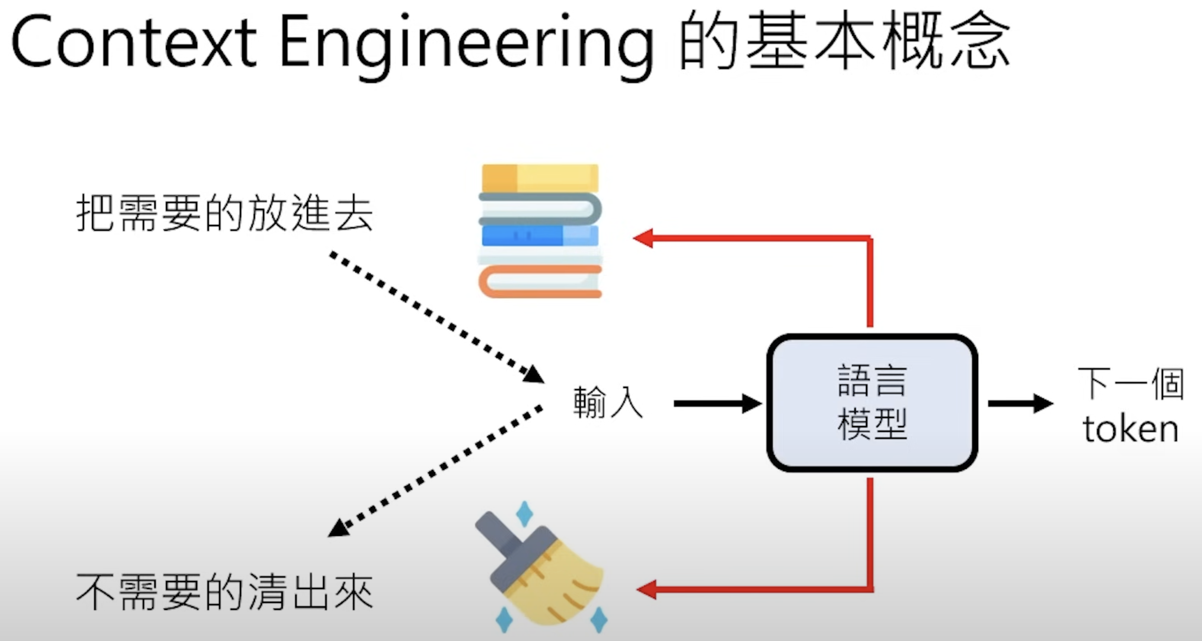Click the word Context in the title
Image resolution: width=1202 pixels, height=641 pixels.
(133, 43)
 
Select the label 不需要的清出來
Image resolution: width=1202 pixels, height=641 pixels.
(224, 592)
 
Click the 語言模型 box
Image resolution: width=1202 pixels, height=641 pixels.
(872, 402)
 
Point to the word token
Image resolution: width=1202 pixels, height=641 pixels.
(1130, 429)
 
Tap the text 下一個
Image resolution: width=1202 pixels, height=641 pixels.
(1130, 384)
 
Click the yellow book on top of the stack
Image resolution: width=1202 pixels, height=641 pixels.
(540, 178)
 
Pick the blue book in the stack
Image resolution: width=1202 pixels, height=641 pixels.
(540, 236)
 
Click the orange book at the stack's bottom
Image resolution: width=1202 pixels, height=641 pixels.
(540, 282)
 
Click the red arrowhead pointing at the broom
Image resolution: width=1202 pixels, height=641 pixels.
(647, 590)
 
